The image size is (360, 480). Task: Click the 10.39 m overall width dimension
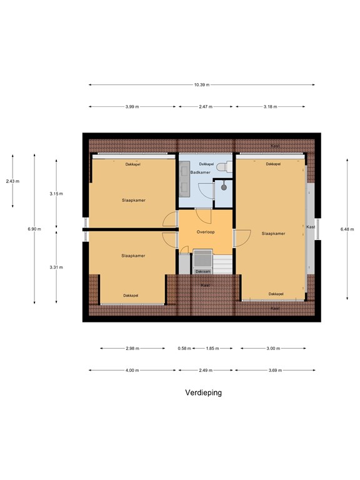tap(201, 84)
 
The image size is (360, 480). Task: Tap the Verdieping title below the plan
tap(203, 393)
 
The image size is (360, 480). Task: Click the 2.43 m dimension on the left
tap(12, 181)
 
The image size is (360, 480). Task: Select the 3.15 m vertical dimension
tap(56, 194)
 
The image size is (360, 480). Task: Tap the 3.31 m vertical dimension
tap(56, 267)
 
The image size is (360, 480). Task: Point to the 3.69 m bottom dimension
tap(275, 371)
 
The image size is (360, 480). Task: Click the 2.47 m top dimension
tap(206, 107)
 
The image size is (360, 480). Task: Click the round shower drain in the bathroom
tap(223, 186)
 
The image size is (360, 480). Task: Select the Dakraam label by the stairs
tap(202, 271)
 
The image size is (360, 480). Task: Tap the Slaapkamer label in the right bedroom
tap(273, 233)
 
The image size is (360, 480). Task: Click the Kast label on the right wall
tap(311, 227)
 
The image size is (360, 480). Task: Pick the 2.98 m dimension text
tap(132, 348)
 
